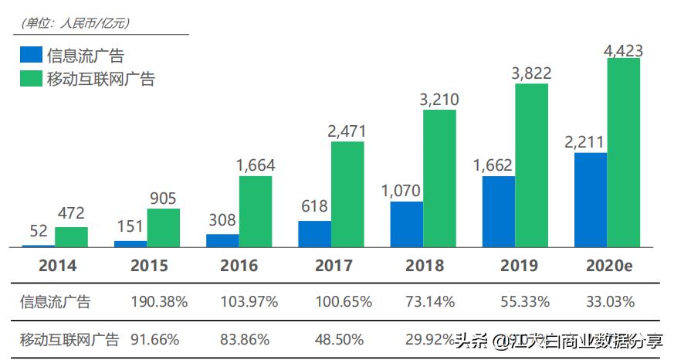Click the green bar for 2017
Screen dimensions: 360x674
(x=347, y=194)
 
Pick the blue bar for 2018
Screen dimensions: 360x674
(x=406, y=224)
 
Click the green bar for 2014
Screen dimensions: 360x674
(x=71, y=236)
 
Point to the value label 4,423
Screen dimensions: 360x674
(x=623, y=51)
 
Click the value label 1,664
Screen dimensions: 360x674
(x=256, y=165)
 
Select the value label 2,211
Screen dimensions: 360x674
(x=590, y=142)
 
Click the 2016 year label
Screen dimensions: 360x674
(x=239, y=266)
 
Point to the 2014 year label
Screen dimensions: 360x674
(x=58, y=266)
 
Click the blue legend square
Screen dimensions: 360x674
(x=31, y=55)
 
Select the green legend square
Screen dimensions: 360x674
(x=31, y=78)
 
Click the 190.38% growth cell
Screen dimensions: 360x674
(x=160, y=301)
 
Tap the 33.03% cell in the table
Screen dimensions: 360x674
(x=609, y=301)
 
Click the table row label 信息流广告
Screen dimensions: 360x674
(x=55, y=302)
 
